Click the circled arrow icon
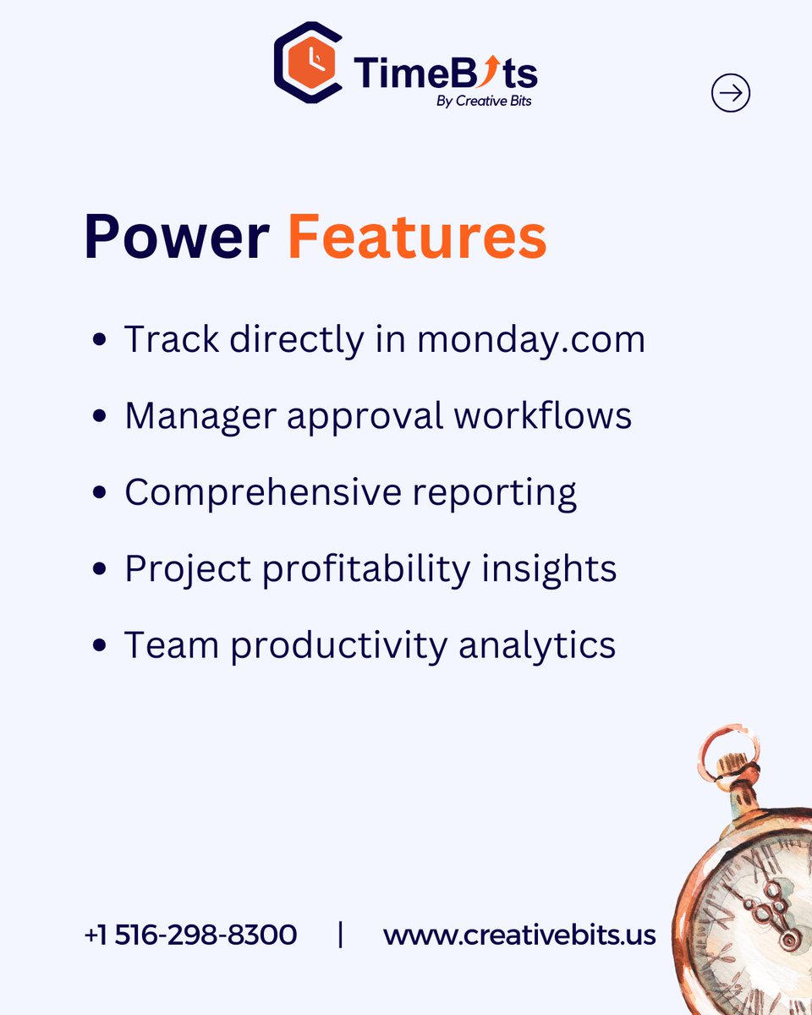(x=731, y=93)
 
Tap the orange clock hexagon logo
(x=308, y=63)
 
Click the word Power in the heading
(x=176, y=237)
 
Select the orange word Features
(x=417, y=237)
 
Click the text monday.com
(x=531, y=340)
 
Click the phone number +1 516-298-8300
(x=190, y=935)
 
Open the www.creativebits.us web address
(x=519, y=935)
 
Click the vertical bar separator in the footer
(x=340, y=935)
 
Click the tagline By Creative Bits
(x=485, y=101)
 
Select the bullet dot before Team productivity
(x=100, y=646)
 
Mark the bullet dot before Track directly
(x=100, y=341)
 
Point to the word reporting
(x=495, y=493)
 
